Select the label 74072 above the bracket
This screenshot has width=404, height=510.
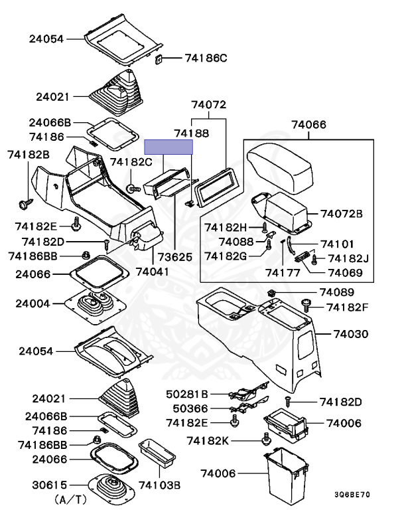click(209, 105)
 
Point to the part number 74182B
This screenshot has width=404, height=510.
click(29, 154)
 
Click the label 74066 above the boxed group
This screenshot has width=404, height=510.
click(309, 124)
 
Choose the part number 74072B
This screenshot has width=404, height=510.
click(342, 213)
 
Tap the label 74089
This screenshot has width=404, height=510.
click(338, 292)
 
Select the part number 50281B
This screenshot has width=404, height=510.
click(187, 394)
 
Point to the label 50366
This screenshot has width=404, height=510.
click(191, 408)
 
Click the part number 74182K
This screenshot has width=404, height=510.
click(208, 440)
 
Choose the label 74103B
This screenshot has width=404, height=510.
click(159, 485)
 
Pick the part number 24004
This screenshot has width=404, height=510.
click(34, 303)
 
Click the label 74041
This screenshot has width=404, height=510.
click(153, 271)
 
